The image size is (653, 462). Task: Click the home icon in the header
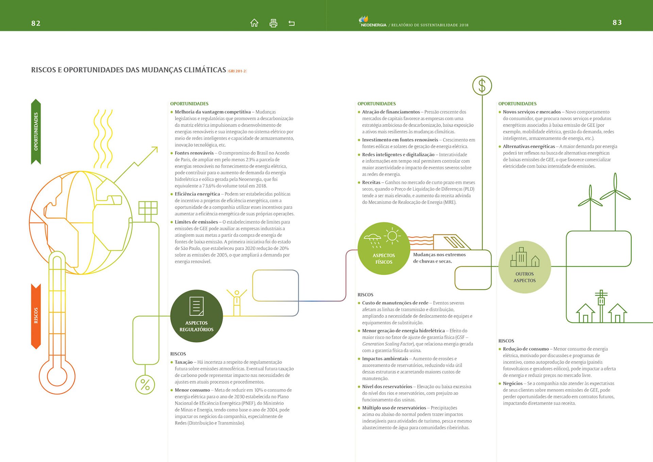tap(254, 23)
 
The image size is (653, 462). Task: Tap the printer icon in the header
tap(273, 23)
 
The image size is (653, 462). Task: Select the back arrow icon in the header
tap(291, 23)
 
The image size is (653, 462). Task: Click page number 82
tap(36, 23)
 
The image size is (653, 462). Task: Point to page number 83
tap(617, 22)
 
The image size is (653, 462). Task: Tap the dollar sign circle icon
tap(482, 85)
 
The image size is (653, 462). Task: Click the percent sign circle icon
tap(145, 385)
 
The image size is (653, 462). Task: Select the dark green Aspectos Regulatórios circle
tap(197, 316)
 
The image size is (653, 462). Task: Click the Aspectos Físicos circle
tap(384, 249)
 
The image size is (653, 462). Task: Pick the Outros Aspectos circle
tap(524, 267)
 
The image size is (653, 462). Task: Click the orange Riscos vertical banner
tap(36, 316)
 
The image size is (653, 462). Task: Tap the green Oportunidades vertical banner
tap(36, 132)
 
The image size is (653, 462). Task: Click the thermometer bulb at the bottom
tap(57, 376)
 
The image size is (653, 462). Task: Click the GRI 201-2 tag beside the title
tap(237, 71)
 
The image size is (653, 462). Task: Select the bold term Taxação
tap(184, 362)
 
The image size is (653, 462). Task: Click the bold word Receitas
tap(371, 182)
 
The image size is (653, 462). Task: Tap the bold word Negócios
tap(513, 383)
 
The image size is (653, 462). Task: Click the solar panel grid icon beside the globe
tap(148, 208)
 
